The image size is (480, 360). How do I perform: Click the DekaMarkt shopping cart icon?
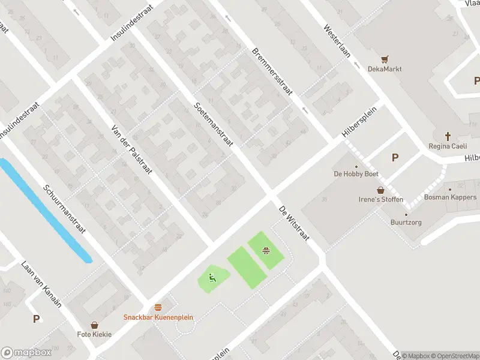[x=385, y=59]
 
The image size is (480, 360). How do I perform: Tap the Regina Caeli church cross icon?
[x=448, y=136]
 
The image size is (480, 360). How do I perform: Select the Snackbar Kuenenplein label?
[x=158, y=317]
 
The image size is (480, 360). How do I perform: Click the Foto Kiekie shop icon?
[x=94, y=325]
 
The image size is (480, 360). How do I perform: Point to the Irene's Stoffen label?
[x=380, y=199]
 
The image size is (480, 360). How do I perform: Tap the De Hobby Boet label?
[x=356, y=174]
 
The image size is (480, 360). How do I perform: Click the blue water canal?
[x=45, y=210]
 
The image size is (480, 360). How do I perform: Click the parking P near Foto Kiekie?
[x=37, y=319]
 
